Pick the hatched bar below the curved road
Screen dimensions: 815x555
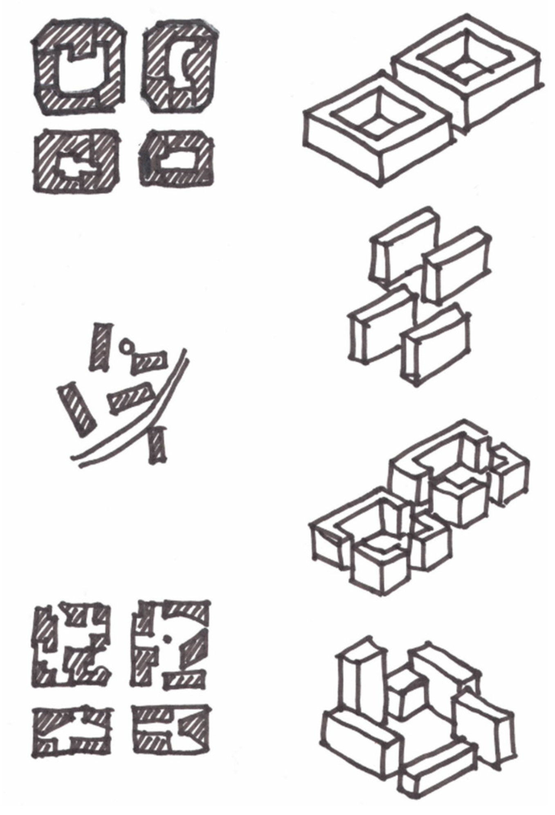point(157,446)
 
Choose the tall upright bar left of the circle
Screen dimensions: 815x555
point(101,347)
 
